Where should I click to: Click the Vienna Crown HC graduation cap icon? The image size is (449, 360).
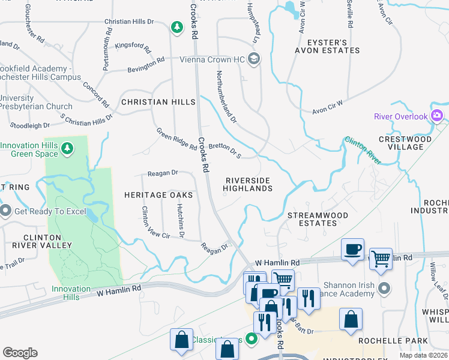pyautogui.click(x=254, y=58)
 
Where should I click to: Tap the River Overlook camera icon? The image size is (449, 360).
pyautogui.click(x=437, y=116)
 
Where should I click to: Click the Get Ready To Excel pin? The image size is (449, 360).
pyautogui.click(x=6, y=211)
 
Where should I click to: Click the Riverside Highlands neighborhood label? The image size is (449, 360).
pyautogui.click(x=248, y=184)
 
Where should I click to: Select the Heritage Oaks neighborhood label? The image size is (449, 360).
pyautogui.click(x=158, y=195)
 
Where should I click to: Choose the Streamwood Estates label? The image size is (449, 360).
pyautogui.click(x=312, y=219)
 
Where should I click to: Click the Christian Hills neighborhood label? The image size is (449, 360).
pyautogui.click(x=158, y=102)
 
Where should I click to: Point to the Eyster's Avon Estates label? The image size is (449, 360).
pyautogui.click(x=327, y=47)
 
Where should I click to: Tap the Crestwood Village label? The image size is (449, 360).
pyautogui.click(x=413, y=143)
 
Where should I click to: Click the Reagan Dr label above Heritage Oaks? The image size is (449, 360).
pyautogui.click(x=163, y=173)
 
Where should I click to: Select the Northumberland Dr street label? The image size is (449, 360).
pyautogui.click(x=227, y=96)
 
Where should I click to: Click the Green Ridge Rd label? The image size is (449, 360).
pyautogui.click(x=176, y=139)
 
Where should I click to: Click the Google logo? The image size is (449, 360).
pyautogui.click(x=20, y=353)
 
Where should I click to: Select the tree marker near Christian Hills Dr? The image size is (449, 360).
pyautogui.click(x=176, y=27)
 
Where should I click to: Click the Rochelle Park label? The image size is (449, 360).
pyautogui.click(x=384, y=340)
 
